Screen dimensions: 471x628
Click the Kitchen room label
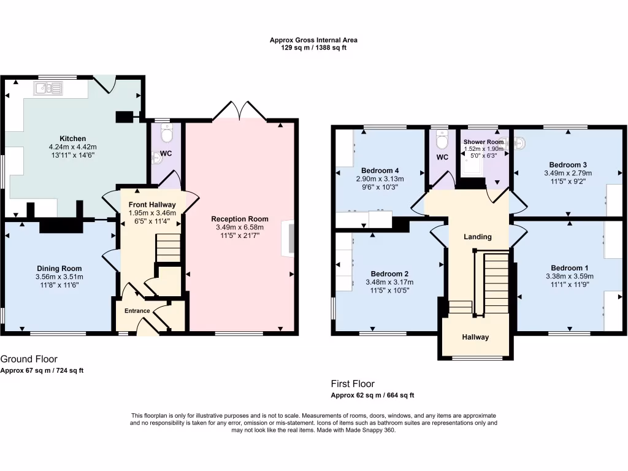[x=72, y=139]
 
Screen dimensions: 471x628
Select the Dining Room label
[x=59, y=269]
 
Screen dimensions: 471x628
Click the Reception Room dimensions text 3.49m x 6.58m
[x=240, y=228]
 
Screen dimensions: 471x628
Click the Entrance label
[x=137, y=311]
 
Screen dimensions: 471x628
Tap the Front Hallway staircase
[x=167, y=248]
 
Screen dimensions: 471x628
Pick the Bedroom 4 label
[x=380, y=170]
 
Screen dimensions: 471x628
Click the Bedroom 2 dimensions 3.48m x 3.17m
[x=389, y=282]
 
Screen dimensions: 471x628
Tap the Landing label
[x=478, y=237]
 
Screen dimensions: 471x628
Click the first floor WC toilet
[x=442, y=140]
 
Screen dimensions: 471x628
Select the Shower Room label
[x=483, y=142]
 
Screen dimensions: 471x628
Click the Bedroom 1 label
[x=569, y=268]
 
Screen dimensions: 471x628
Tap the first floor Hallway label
[x=475, y=337]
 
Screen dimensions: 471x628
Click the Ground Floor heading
[x=29, y=359]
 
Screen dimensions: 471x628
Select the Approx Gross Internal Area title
[x=313, y=40]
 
